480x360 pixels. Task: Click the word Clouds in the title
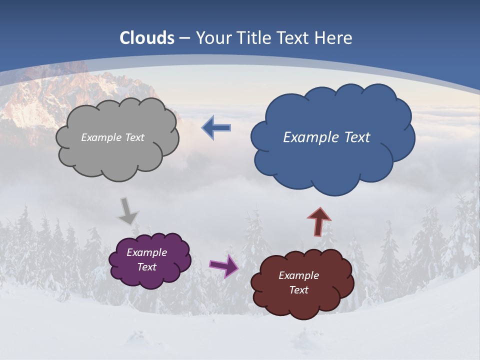pyautogui.click(x=147, y=38)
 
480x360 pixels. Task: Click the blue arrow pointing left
pyautogui.click(x=216, y=128)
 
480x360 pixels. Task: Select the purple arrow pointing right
pyautogui.click(x=224, y=265)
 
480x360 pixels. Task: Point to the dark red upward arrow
pyautogui.click(x=319, y=221)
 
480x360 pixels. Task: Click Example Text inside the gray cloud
pyautogui.click(x=112, y=137)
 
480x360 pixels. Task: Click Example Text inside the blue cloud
pyautogui.click(x=326, y=137)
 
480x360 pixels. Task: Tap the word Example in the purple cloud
pyautogui.click(x=146, y=252)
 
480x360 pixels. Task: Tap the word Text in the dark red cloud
pyautogui.click(x=298, y=290)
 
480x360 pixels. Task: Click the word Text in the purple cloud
pyautogui.click(x=146, y=267)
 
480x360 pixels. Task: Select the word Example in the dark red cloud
pyautogui.click(x=298, y=275)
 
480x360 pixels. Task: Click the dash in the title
pyautogui.click(x=184, y=38)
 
